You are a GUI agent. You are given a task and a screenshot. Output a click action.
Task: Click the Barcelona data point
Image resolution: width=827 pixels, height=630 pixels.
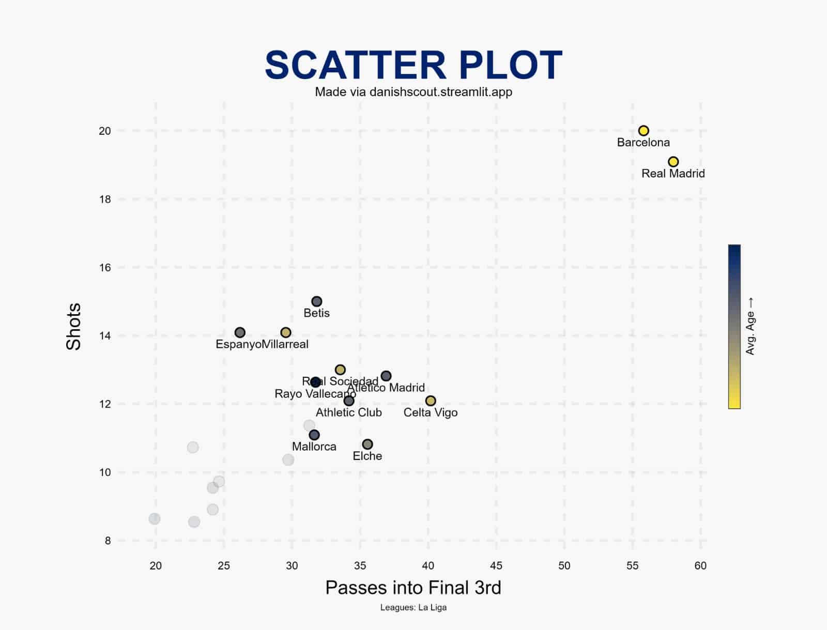coord(644,131)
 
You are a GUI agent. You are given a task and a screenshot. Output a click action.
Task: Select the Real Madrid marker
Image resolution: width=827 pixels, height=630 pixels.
coord(673,162)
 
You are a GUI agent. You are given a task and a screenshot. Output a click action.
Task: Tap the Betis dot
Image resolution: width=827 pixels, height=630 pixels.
coord(317,301)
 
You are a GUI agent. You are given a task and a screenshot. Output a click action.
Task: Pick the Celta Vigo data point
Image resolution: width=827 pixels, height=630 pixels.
coord(431,401)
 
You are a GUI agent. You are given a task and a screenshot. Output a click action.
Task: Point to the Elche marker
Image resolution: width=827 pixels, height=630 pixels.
coord(367,444)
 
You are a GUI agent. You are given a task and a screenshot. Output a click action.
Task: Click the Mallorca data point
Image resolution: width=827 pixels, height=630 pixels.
coord(314,435)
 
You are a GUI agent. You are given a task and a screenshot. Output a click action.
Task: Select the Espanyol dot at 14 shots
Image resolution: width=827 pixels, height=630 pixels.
coord(240,332)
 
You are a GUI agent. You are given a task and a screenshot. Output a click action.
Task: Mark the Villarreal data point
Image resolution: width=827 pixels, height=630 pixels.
coord(286,332)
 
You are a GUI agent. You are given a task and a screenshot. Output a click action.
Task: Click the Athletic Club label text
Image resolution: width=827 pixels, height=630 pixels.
coord(349,412)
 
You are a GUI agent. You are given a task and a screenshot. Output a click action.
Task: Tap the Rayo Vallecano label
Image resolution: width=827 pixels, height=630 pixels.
coord(315,394)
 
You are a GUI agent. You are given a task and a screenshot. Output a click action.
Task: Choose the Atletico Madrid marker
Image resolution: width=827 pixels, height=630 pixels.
coord(386,376)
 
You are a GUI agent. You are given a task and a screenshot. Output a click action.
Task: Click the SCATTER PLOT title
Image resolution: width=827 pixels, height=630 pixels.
coord(413,65)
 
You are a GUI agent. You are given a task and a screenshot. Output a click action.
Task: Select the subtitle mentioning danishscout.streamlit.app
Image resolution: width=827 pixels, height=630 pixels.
coord(413,92)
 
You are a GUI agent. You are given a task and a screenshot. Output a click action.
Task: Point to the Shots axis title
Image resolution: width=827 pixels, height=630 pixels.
coord(74,327)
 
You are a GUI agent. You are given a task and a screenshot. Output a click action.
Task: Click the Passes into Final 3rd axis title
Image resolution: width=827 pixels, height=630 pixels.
coord(413,588)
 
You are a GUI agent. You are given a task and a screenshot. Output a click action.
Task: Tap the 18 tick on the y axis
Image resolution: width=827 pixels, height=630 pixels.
coord(105,199)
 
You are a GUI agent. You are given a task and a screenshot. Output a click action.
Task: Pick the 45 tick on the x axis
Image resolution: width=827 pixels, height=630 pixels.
coord(496,566)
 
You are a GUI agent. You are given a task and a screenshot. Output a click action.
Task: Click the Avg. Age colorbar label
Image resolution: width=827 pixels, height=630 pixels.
coord(751,326)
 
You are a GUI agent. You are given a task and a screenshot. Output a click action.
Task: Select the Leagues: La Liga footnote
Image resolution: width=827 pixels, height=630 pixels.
coord(413,608)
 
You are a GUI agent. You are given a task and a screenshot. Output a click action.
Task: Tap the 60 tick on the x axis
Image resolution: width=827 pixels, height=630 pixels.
coord(700,566)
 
